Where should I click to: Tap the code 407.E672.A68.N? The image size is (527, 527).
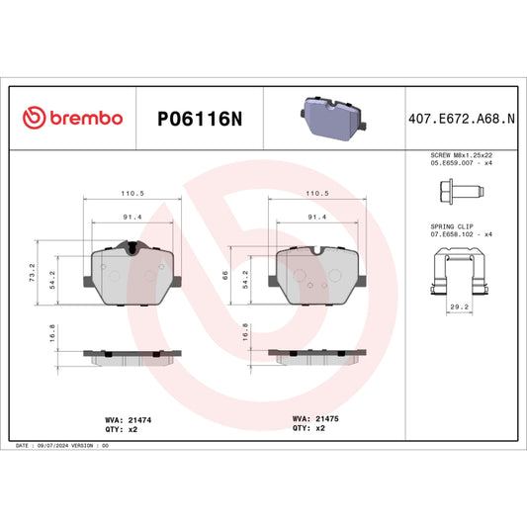click(x=461, y=118)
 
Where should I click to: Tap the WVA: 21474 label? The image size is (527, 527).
click(x=128, y=419)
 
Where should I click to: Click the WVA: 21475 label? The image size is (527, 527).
click(x=315, y=419)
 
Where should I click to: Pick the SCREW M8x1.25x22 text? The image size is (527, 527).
click(x=461, y=156)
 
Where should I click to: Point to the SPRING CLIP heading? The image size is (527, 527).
click(x=457, y=226)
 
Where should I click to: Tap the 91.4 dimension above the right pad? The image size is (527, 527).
click(x=317, y=217)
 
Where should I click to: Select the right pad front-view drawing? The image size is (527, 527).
click(x=317, y=272)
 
